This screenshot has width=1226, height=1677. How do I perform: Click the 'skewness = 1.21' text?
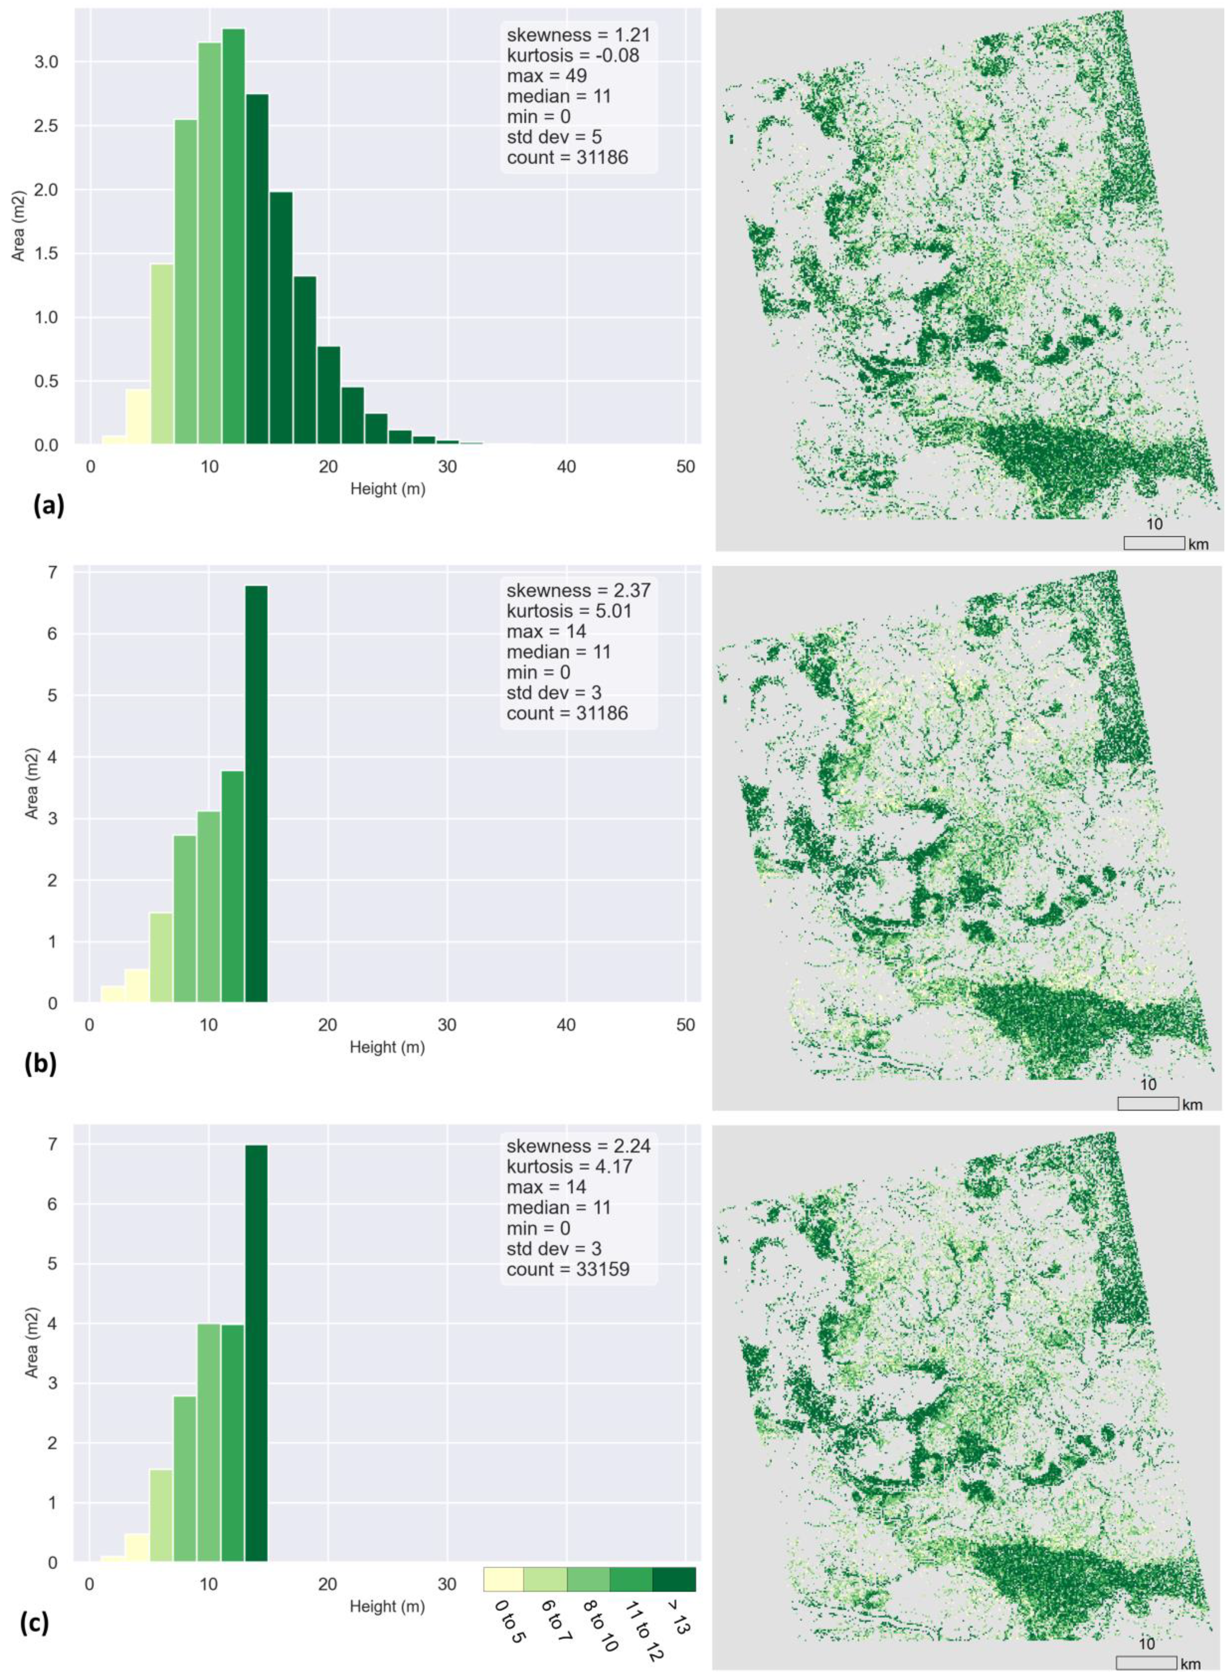[x=579, y=34]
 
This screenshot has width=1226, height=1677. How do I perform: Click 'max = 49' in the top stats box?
[x=547, y=76]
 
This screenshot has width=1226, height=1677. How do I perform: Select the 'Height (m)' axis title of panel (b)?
[x=387, y=1047]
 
